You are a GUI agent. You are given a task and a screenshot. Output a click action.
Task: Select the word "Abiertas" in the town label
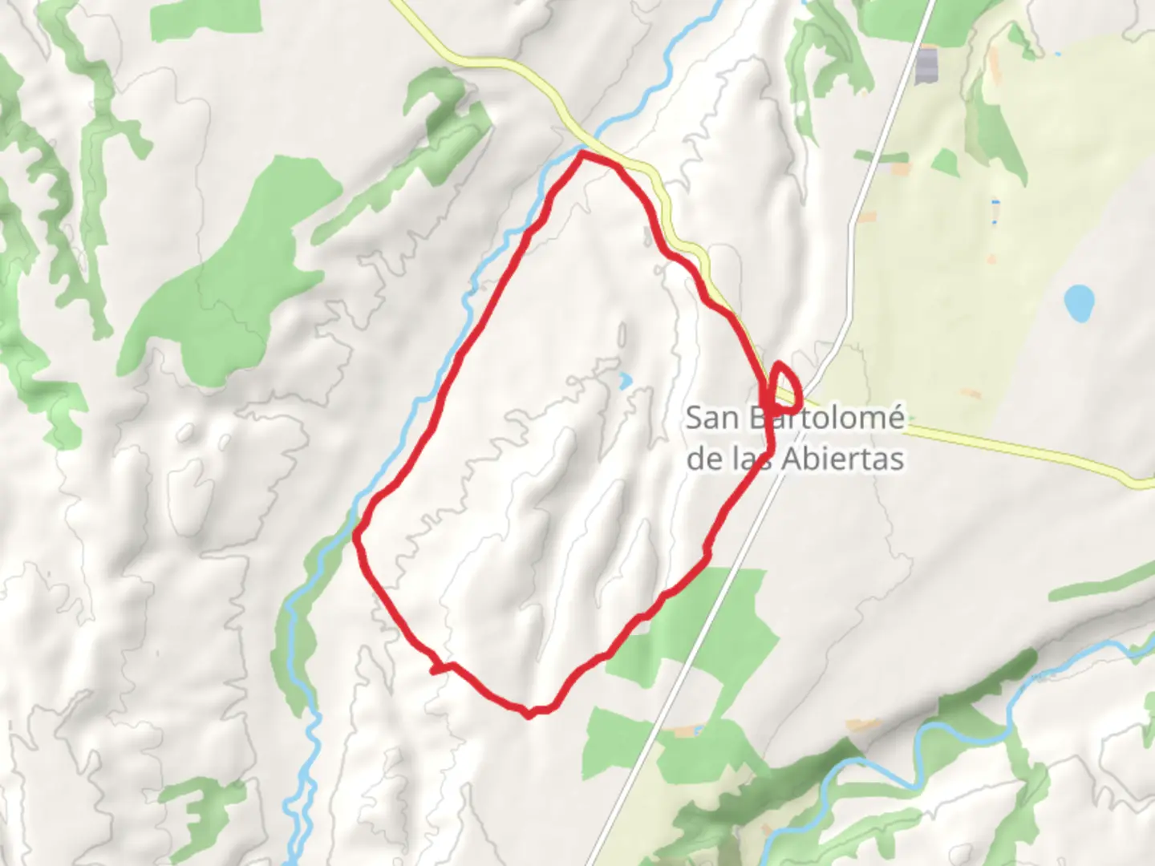[x=852, y=459]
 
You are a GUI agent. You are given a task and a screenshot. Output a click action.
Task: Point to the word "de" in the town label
[x=705, y=459]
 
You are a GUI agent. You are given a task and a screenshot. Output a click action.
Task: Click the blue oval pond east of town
[x=1079, y=301]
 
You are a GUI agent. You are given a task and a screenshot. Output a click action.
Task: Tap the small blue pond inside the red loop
[x=625, y=379]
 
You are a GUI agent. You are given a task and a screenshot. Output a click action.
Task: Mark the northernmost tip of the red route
[x=582, y=152]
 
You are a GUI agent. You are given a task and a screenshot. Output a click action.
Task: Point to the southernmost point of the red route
[x=528, y=714]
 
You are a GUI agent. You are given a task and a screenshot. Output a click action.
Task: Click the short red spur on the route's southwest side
[x=437, y=668]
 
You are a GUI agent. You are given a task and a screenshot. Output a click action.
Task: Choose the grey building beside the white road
[x=926, y=64]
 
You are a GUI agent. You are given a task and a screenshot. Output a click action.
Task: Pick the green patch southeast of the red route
[x=706, y=625]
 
